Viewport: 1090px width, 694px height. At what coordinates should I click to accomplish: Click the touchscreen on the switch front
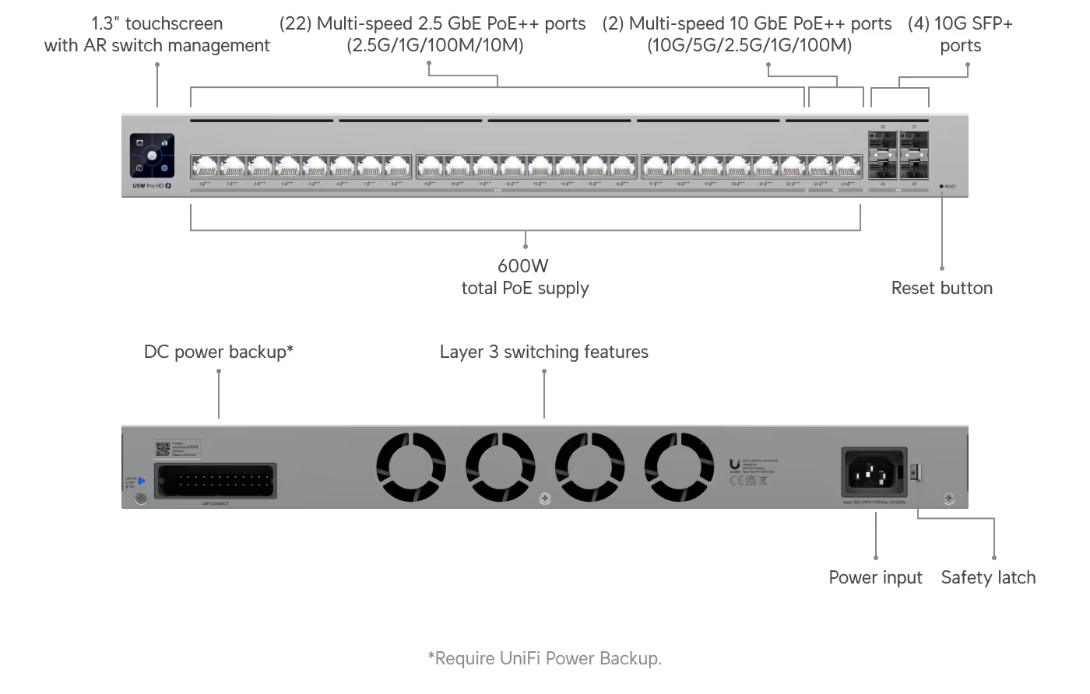153,155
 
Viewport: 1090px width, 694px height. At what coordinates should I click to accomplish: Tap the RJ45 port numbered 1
205,166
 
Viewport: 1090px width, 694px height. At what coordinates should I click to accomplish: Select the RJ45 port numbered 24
847,166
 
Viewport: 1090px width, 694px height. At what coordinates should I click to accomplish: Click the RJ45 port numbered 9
431,166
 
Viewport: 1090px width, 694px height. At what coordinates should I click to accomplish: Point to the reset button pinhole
941,187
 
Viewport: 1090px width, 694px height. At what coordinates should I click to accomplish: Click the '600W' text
524,265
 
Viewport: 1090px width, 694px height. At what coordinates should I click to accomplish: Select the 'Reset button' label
941,289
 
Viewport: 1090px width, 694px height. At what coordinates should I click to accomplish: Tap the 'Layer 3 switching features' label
543,352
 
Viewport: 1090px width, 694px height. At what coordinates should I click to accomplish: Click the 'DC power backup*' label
218,352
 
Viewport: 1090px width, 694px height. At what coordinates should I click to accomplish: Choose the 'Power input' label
875,577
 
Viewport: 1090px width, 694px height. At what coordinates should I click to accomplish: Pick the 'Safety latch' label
988,577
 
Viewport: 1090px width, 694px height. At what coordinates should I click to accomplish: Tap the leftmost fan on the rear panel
411,467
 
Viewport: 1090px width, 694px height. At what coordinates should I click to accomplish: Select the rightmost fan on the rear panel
679,467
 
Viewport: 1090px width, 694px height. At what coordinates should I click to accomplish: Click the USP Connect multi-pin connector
216,480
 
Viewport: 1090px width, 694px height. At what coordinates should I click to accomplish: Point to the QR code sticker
162,449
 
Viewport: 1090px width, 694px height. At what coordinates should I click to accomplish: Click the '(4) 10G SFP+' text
960,24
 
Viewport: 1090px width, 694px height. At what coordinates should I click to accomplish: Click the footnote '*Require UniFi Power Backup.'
544,658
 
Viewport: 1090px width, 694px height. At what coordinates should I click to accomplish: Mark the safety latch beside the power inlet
916,471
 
